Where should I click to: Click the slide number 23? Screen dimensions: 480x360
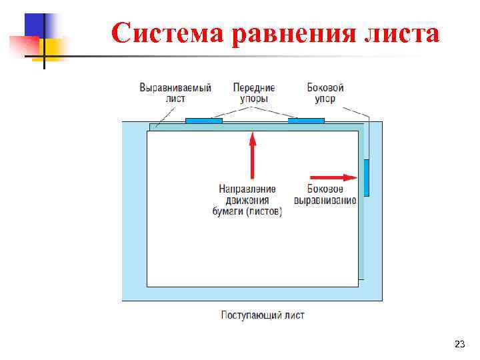(459, 344)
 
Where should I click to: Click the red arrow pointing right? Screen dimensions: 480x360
(334, 177)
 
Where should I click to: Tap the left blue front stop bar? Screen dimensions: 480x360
(203, 121)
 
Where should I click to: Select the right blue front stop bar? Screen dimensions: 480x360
(306, 121)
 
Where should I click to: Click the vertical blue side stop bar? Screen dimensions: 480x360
(366, 178)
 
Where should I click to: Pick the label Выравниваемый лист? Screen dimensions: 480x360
(175, 93)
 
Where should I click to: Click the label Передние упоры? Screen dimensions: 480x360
(254, 93)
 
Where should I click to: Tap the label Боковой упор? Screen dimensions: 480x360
(325, 93)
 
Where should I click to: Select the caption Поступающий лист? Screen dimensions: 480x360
(263, 315)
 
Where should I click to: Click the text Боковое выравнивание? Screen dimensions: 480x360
(325, 194)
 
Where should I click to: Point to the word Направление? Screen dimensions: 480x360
(247, 189)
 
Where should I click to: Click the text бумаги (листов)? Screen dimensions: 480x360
(247, 212)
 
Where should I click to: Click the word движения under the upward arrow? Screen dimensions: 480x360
(247, 200)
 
